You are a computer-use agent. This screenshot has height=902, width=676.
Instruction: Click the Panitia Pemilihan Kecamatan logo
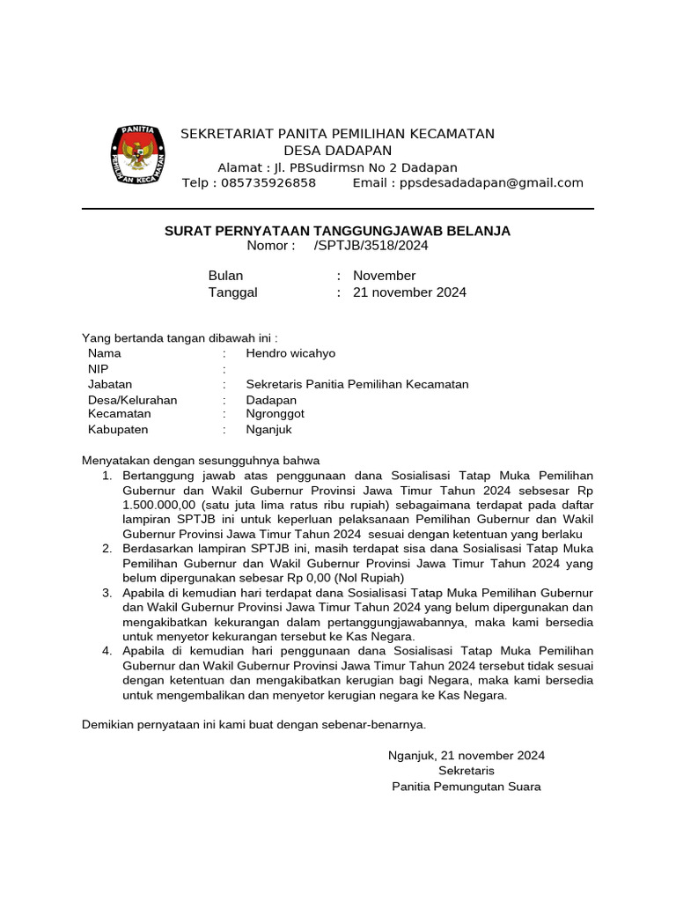coord(136,156)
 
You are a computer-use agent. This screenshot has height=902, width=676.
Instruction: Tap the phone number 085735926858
coord(263,183)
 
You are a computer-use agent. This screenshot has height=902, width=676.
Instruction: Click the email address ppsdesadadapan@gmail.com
coord(491,183)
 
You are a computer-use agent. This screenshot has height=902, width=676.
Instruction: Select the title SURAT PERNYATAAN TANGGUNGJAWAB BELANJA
coord(337,231)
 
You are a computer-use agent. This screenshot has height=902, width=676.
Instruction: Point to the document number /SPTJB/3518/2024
coord(371,246)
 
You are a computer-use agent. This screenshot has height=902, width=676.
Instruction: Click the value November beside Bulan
coord(384,276)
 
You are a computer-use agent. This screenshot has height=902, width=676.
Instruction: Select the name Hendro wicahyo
coord(290,353)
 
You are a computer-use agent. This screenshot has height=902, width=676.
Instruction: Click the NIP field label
coord(98,369)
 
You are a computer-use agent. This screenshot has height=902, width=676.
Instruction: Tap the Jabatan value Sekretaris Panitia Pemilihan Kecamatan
coord(357,384)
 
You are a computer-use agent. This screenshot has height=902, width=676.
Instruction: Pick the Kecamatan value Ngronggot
coord(276,414)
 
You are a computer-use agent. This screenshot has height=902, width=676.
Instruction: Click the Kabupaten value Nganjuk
coord(268,430)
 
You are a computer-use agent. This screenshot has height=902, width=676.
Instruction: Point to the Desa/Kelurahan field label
coord(132,400)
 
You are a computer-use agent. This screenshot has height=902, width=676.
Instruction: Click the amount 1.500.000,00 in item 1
coord(160,505)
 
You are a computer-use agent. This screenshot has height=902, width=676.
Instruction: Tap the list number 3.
coord(107,593)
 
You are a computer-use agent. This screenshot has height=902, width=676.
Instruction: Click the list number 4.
coord(107,651)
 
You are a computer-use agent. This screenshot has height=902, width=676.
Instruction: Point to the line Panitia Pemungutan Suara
coord(467,787)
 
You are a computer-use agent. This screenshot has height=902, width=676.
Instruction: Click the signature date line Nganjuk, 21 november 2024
coord(467,755)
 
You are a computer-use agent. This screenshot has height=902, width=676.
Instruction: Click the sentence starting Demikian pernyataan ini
coord(253,724)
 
